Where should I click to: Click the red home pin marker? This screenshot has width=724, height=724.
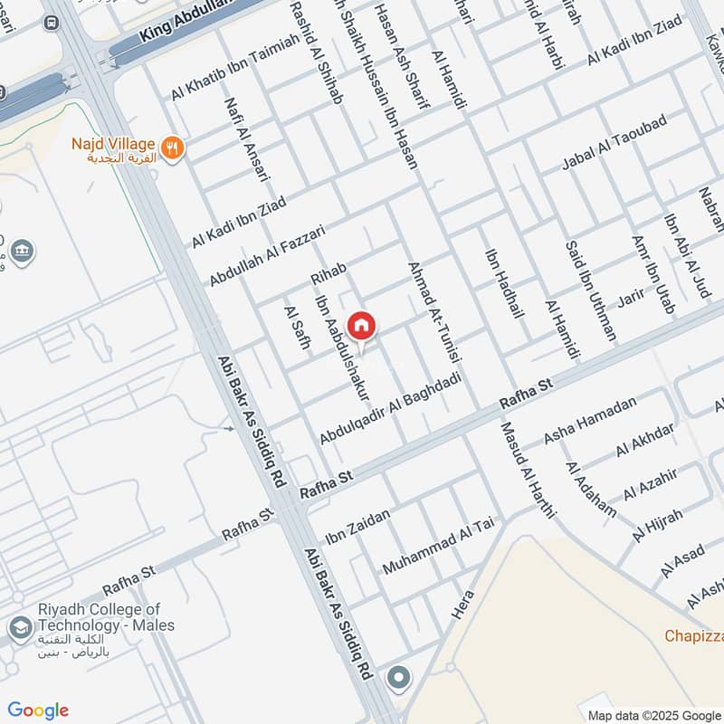(362, 326)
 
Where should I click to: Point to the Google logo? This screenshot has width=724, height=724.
(38, 710)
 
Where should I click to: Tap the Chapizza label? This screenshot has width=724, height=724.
(694, 636)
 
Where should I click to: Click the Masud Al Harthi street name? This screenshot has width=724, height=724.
(528, 471)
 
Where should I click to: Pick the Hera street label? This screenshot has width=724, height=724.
(462, 602)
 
